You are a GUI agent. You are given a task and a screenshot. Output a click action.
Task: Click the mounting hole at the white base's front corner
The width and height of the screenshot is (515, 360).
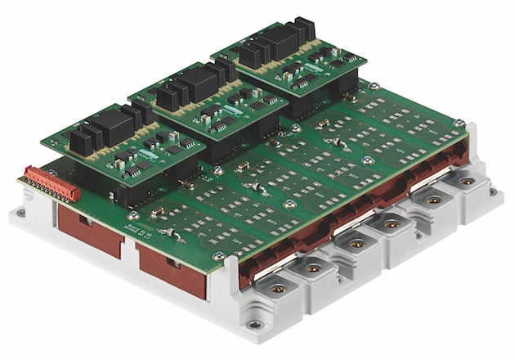256,324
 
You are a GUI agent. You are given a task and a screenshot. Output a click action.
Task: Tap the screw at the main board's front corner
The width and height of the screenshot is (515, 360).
218,256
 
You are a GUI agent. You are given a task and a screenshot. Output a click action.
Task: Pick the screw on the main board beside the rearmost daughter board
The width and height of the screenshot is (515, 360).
373,86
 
